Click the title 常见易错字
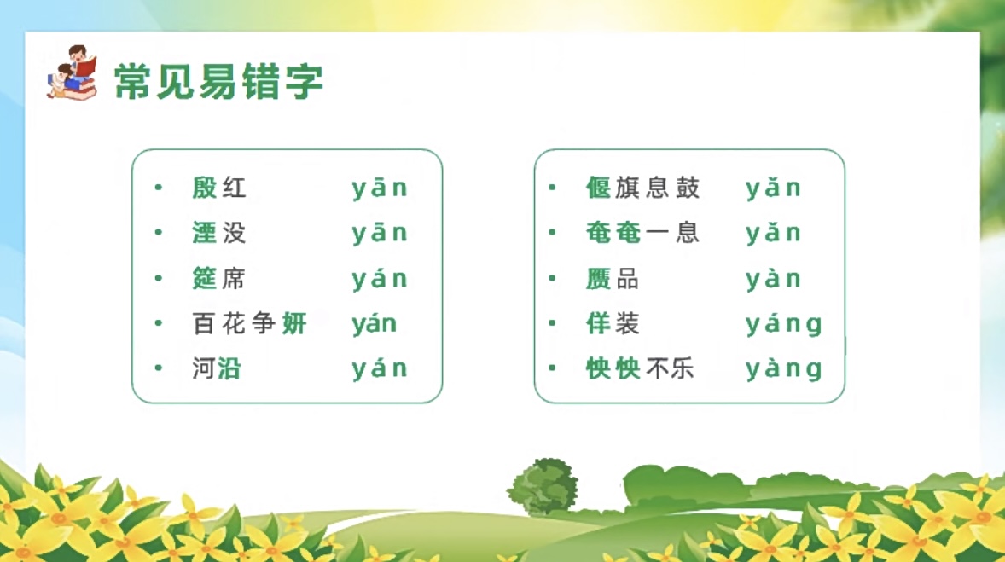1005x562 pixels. click(218, 81)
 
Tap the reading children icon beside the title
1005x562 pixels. click(72, 72)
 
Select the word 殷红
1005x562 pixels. click(219, 188)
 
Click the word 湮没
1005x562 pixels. click(219, 233)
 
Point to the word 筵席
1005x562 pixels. click(219, 279)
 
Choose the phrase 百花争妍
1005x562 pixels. click(250, 323)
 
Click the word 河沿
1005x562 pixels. click(217, 368)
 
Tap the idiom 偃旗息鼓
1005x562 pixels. click(643, 188)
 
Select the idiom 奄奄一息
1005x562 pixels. click(643, 233)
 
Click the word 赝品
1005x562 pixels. click(613, 279)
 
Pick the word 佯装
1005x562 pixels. click(613, 323)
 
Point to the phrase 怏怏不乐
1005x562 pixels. click(641, 368)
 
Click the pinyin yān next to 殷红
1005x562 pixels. click(380, 188)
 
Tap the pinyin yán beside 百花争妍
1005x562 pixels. click(375, 324)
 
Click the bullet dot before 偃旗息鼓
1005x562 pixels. click(553, 187)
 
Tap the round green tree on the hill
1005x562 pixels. click(543, 487)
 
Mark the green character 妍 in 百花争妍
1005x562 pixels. click(295, 323)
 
